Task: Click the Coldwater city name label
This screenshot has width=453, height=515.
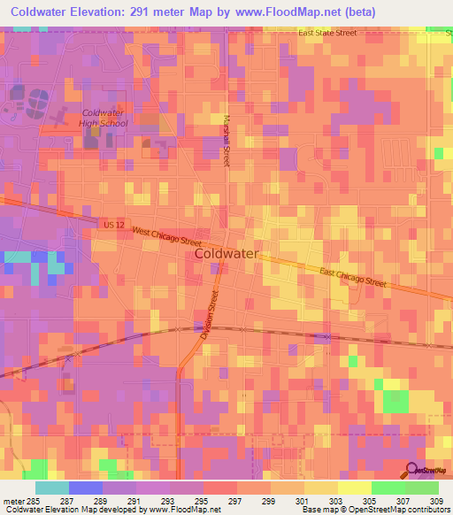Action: pyautogui.click(x=226, y=253)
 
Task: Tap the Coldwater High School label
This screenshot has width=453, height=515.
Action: pyautogui.click(x=104, y=118)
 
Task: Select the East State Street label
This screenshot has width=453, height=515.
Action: pyautogui.click(x=327, y=33)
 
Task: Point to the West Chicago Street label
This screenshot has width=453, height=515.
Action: pyautogui.click(x=167, y=236)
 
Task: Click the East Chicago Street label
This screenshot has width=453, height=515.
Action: pyautogui.click(x=353, y=278)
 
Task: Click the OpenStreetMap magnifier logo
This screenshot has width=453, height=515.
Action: pyautogui.click(x=412, y=470)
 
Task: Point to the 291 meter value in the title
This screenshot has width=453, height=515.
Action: pyautogui.click(x=176, y=12)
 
